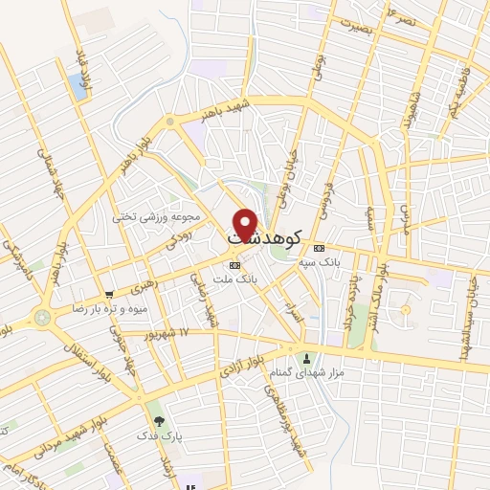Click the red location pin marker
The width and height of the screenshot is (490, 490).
coord(246,223)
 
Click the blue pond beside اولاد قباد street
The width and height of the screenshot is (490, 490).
coord(77,86)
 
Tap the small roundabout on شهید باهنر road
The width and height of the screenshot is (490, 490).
coord(170,122)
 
